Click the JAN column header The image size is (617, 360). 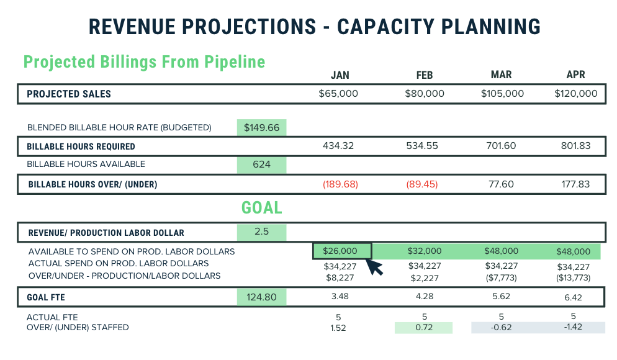pos(340,75)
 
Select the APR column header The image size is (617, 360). pos(576,75)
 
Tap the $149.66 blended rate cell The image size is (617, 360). pos(261,128)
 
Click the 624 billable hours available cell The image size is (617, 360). pos(261,164)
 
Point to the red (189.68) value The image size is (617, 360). pos(340,184)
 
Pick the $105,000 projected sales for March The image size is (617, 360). pos(502,94)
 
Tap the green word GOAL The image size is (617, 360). pos(261,207)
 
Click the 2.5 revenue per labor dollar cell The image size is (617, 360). pos(261,232)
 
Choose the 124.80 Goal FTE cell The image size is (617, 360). pos(261,297)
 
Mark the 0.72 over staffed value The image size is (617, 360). pos(424,327)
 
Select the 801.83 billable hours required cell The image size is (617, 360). pos(577,146)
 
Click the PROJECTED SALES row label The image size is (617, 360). pos(69,94)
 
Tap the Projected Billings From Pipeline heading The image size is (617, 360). pos(144,62)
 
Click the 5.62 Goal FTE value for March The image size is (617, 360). pos(501,297)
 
